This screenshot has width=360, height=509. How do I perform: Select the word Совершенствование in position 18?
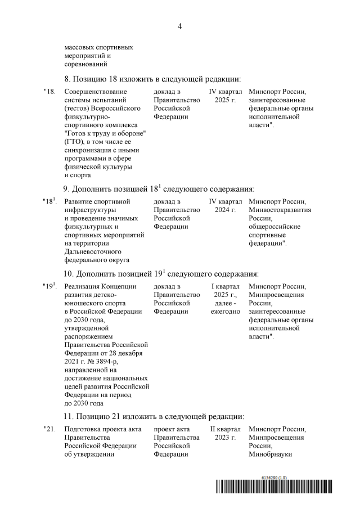96,92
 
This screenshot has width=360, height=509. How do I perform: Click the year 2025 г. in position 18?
226,100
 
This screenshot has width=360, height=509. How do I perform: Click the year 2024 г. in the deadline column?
226,210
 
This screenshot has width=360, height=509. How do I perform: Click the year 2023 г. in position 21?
226,438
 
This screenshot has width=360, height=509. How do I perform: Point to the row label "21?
49,429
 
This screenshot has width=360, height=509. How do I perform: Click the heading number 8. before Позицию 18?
68,78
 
